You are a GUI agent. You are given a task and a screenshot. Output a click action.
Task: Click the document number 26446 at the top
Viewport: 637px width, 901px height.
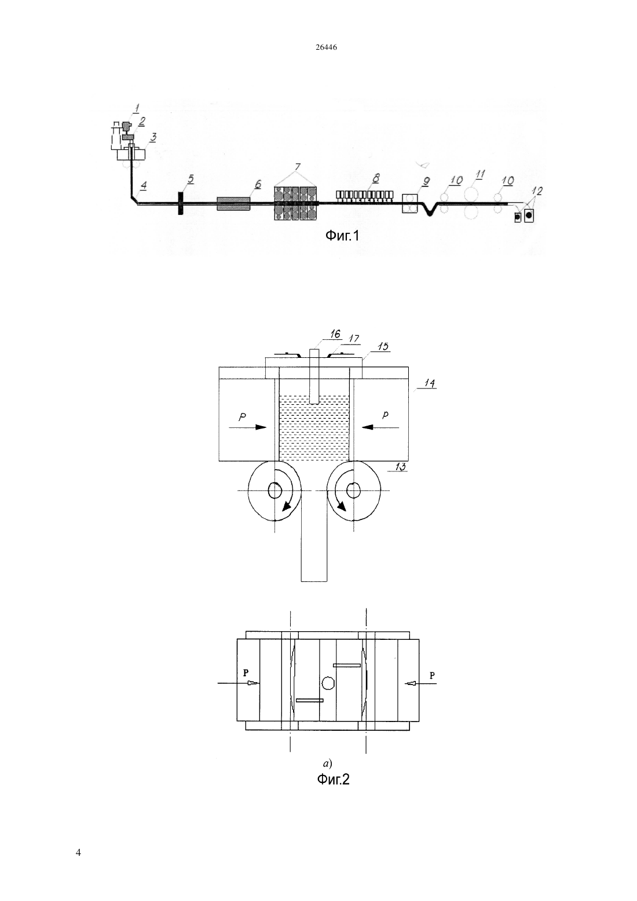pos(326,47)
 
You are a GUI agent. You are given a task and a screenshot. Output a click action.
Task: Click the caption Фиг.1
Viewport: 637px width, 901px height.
pos(342,236)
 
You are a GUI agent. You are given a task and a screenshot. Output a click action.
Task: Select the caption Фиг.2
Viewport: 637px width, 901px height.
pos(333,779)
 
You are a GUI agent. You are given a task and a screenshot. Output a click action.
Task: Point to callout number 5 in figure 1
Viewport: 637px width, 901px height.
pos(191,179)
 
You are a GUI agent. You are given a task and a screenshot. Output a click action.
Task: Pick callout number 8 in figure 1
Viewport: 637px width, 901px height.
pos(376,178)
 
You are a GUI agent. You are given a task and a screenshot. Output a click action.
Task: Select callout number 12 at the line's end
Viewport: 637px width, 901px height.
pos(539,191)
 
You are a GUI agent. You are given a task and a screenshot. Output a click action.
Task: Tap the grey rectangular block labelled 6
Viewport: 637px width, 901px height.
pos(233,203)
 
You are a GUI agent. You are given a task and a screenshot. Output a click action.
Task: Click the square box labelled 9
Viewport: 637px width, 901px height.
pos(410,203)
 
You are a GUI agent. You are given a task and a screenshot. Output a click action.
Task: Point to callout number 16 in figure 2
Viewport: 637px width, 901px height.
pos(335,334)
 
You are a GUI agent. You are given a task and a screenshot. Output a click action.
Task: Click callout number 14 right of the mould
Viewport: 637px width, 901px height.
pos(430,383)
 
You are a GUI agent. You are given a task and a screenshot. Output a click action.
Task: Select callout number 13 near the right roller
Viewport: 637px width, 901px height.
pos(400,467)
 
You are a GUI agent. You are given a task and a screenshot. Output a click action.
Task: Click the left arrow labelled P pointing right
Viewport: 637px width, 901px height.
pos(248,427)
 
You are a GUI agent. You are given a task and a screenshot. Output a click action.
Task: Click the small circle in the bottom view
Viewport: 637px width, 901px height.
pos(328,683)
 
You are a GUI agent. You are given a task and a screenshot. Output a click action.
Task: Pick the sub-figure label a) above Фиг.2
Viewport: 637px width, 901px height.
pos(327,763)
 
